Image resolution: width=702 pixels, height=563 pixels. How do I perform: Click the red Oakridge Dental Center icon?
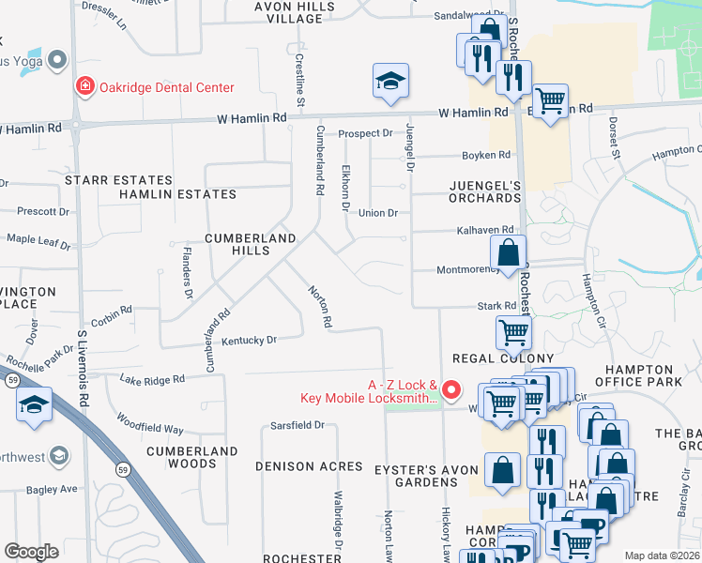click(x=85, y=87)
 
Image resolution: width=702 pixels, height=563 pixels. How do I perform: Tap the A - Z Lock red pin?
click(x=451, y=388)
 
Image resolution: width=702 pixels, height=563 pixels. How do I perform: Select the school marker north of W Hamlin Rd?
click(x=390, y=82)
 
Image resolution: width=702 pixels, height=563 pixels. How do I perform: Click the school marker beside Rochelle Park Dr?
click(x=34, y=405)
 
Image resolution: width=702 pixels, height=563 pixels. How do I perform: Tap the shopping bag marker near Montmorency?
click(x=508, y=253)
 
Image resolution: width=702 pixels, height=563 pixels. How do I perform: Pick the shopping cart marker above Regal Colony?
click(x=513, y=331)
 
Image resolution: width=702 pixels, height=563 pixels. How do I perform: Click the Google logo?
click(x=31, y=551)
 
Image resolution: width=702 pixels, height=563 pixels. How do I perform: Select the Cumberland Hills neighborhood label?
click(x=251, y=245)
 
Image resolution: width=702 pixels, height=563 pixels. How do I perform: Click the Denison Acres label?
click(x=309, y=466)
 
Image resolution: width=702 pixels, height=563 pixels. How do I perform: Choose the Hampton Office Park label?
click(x=645, y=375)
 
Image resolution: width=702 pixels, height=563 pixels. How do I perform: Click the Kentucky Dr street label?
click(x=249, y=340)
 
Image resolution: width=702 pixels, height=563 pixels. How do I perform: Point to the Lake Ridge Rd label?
click(x=153, y=379)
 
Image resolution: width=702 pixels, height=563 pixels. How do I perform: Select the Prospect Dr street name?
click(x=365, y=133)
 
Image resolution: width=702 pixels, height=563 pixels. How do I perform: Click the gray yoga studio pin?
click(x=57, y=60)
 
